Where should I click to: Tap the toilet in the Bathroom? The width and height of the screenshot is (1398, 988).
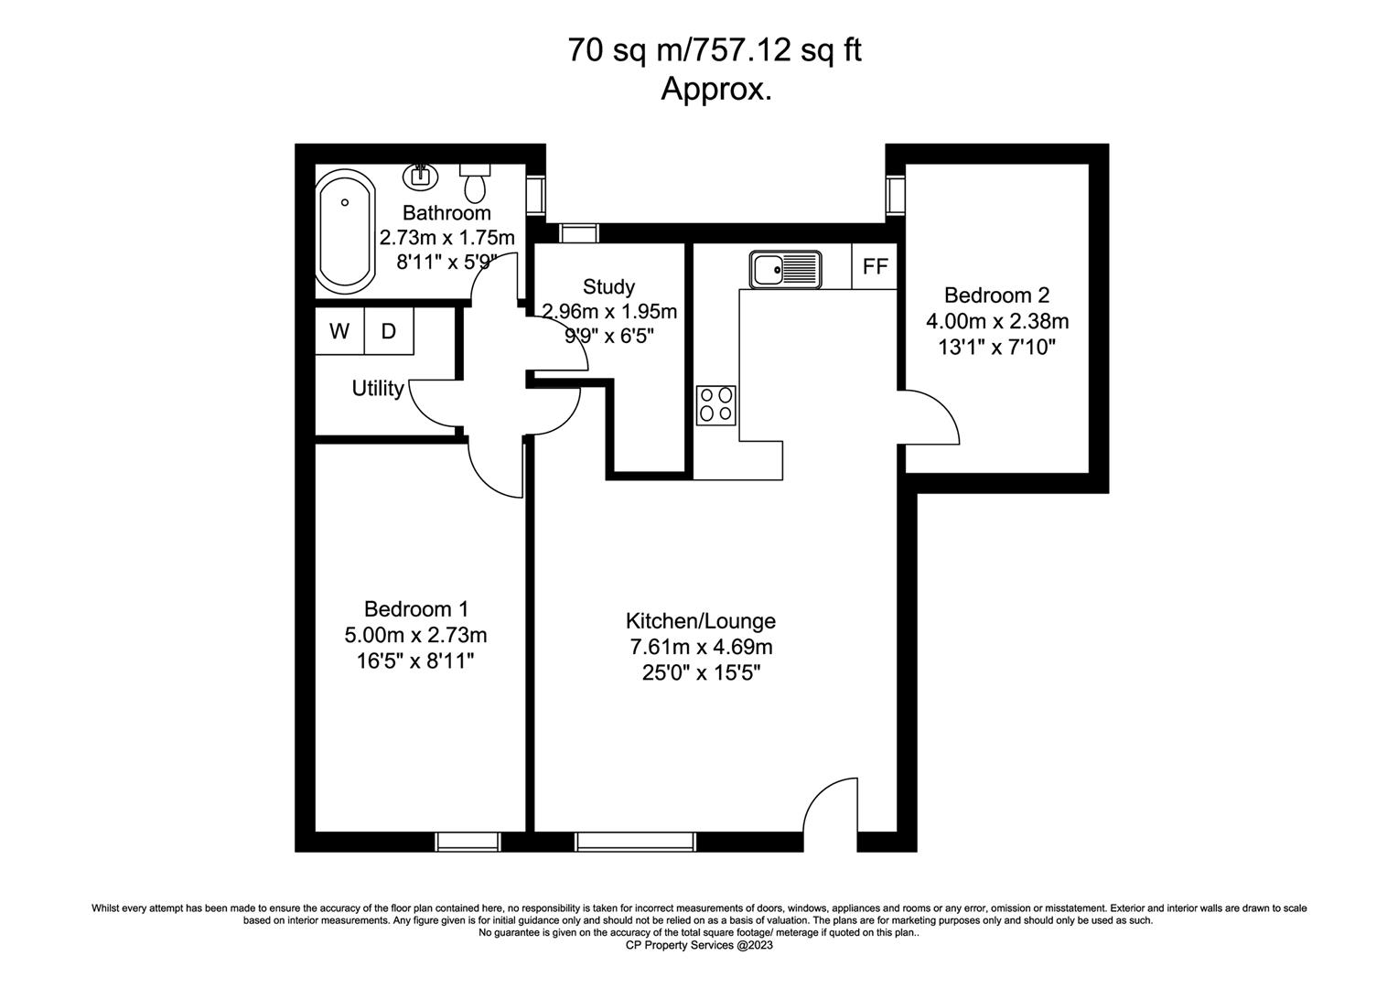pos(475,183)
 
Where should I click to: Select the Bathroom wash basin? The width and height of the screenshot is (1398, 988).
pos(420,176)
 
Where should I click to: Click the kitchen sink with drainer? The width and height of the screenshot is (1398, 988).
pos(785,270)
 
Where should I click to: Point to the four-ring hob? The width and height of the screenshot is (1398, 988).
pos(715,405)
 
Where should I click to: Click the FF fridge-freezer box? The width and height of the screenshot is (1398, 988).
pos(875,266)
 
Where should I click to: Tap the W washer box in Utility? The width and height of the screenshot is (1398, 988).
pos(339,331)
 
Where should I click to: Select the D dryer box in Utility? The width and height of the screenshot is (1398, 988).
pos(388,331)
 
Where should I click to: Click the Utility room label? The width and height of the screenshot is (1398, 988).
pos(378,388)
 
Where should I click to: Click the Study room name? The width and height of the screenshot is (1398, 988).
pos(608,286)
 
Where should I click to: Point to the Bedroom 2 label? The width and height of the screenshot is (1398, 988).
pos(996,295)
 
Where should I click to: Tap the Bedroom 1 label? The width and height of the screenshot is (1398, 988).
pos(415,608)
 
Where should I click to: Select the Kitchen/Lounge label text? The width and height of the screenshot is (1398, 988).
pos(701,621)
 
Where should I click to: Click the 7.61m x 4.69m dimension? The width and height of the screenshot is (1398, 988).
pos(701,647)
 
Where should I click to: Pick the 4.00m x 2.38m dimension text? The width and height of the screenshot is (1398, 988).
pos(996,321)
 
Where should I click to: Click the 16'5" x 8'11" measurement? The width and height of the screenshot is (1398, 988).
pos(415,660)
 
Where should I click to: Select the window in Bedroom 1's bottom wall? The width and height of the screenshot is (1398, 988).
pos(468,842)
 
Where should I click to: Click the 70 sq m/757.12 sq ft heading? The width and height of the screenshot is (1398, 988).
pos(715,50)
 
